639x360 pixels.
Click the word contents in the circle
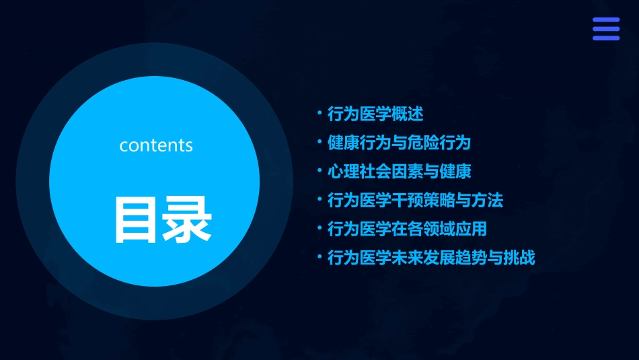tap(156, 145)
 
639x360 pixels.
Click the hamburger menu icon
tap(605, 29)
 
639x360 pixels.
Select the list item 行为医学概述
tap(375, 114)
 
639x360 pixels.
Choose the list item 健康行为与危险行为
tap(399, 143)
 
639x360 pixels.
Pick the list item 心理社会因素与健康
tap(399, 172)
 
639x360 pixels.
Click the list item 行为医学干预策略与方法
tap(415, 201)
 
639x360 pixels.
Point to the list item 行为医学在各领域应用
tap(407, 229)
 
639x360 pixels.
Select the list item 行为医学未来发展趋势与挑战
tap(431, 258)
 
